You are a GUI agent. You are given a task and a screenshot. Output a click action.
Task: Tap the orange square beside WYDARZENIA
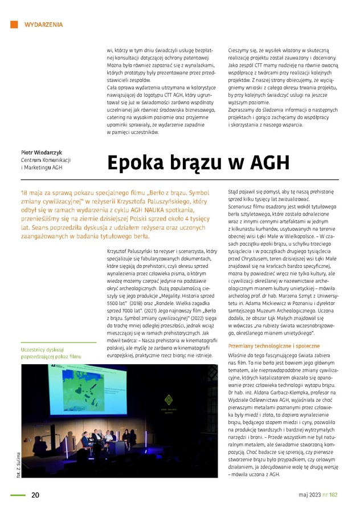pos(14,25)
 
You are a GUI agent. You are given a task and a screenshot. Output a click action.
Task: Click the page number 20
pos(35,494)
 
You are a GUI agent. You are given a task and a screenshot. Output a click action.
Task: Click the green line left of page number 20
pos(18,494)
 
